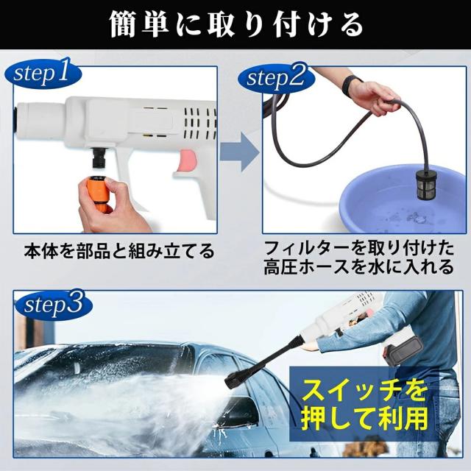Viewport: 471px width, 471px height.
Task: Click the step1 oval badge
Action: [x=43, y=74]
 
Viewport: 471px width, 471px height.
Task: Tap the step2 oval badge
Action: [x=276, y=78]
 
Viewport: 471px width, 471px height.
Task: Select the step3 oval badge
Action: [x=54, y=305]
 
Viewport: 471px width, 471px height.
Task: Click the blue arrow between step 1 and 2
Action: [x=239, y=152]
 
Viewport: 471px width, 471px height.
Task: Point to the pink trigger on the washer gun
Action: [x=188, y=161]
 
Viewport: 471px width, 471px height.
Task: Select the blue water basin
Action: [x=403, y=199]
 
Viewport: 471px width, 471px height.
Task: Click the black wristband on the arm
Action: [x=351, y=85]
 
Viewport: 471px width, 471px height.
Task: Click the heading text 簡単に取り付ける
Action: [x=235, y=24]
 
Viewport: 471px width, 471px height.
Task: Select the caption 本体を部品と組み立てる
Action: [x=119, y=251]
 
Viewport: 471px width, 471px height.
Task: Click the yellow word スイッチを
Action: [x=364, y=390]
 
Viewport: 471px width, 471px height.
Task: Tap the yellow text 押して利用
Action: [x=364, y=418]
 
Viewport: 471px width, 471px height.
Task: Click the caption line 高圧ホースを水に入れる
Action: [x=358, y=266]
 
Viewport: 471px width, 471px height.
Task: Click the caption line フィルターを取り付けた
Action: [x=359, y=248]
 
